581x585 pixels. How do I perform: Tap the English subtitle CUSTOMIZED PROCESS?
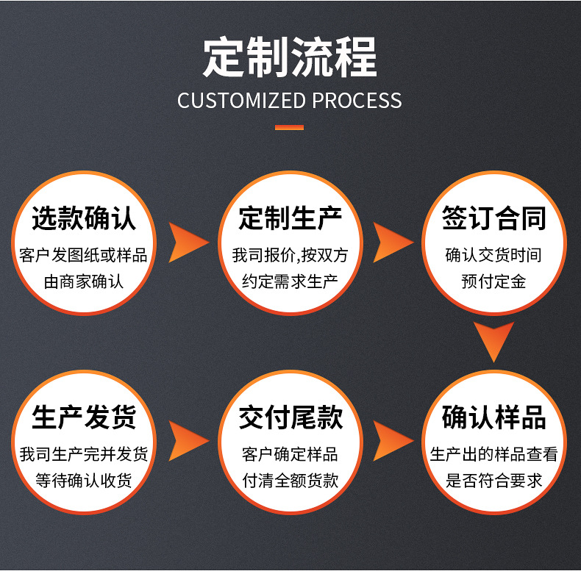coord(290,101)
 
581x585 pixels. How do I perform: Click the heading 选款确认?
coord(84,219)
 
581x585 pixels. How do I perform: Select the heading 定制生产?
coord(290,219)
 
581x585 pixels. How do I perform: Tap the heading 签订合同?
coord(494,219)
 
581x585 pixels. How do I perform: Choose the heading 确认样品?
coord(494,418)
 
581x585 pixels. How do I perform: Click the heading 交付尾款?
coord(290,418)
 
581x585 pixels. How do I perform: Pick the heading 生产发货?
coord(84,418)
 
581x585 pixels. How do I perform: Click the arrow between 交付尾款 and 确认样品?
coord(392,440)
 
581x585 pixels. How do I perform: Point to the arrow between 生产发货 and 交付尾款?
coord(188,440)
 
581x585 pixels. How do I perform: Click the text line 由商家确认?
coord(84,281)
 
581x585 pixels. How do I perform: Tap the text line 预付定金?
coord(494,281)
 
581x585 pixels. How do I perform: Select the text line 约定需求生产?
coord(290,281)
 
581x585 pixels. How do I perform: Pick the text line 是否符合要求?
coord(494,481)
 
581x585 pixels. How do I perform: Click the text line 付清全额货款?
coord(290,481)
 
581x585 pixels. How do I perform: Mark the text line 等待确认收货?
coord(84,481)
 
